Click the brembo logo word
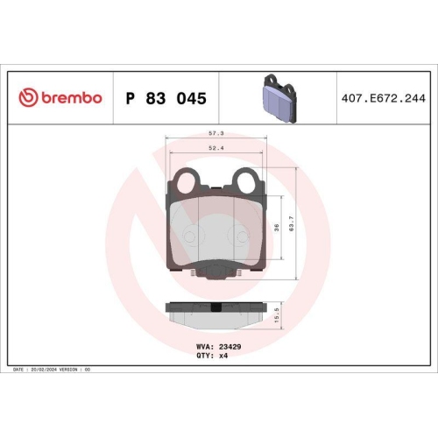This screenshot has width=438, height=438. [x=70, y=98]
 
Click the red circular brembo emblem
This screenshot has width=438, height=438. [x=27, y=98]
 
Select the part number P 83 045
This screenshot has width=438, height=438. [x=166, y=99]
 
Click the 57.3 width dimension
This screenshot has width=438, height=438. [x=214, y=133]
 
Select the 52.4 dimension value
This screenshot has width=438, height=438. [x=214, y=148]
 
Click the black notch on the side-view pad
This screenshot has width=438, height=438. [x=216, y=307]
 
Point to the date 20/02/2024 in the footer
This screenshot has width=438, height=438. [x=44, y=371]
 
